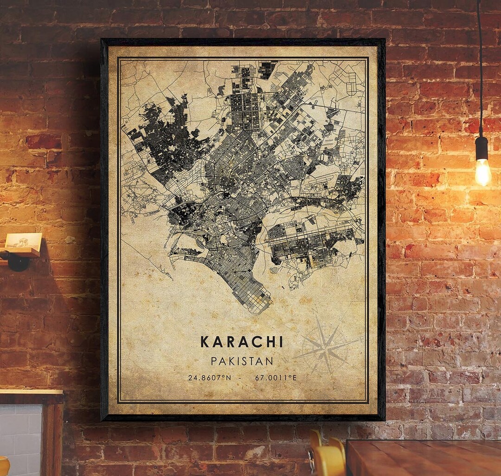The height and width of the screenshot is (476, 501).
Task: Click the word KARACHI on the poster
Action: tap(241, 342)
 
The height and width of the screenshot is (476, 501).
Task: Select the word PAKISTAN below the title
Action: tap(242, 361)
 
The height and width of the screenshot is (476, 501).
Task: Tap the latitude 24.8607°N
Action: tap(209, 378)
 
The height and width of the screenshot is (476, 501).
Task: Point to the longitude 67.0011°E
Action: tap(276, 378)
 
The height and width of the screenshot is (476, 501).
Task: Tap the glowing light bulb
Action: tap(482, 172)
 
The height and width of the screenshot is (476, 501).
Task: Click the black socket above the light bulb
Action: tap(482, 148)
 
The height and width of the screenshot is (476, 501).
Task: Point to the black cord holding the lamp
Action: tap(479, 70)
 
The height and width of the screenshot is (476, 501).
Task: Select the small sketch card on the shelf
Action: tap(23, 241)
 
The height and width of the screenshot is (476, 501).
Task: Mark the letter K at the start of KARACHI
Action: tap(205, 342)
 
